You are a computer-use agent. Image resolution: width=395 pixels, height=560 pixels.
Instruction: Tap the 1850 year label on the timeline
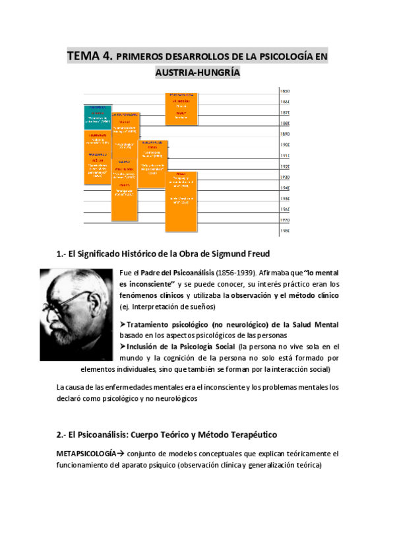(x=285, y=91)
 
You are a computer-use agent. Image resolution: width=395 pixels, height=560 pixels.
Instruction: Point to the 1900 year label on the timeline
(x=285, y=145)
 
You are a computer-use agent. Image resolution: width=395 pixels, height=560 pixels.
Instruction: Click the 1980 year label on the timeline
(x=285, y=231)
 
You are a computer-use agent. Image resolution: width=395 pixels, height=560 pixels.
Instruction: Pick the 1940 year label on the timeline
(x=285, y=188)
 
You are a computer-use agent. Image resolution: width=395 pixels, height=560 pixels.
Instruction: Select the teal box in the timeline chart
(x=97, y=117)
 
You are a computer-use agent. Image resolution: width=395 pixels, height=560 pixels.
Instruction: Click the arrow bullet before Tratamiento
(x=123, y=324)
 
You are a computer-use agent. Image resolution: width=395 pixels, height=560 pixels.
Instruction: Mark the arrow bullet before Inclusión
(x=123, y=346)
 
